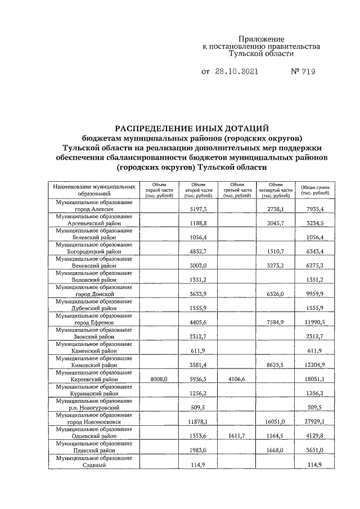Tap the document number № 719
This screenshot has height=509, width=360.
click(303, 72)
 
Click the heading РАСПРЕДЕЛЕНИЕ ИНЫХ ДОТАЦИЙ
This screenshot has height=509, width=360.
click(192, 128)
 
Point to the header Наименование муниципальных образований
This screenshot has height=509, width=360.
click(94, 190)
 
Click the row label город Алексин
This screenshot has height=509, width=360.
click(94, 209)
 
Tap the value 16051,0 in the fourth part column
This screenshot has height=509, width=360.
click(276, 421)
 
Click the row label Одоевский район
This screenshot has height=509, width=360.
click(94, 435)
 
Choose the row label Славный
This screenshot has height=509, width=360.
click(94, 464)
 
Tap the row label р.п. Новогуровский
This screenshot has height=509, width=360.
click(94, 407)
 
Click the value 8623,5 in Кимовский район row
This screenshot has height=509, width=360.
click(276, 364)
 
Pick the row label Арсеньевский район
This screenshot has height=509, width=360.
click(94, 223)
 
